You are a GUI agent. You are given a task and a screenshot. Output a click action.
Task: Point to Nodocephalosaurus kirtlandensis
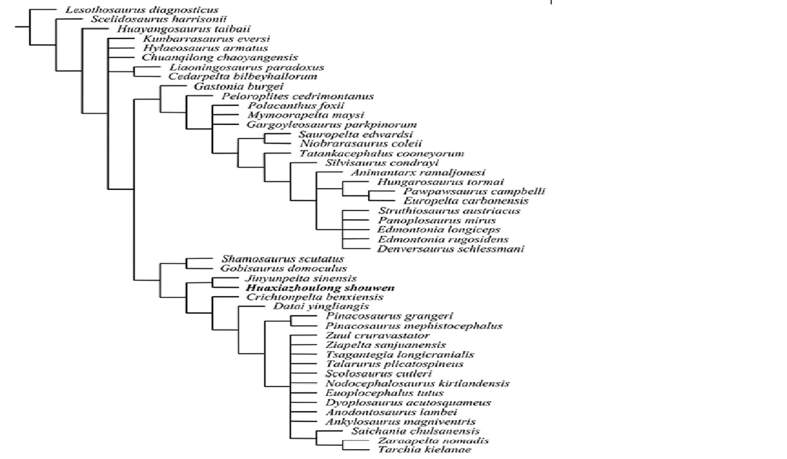(417, 383)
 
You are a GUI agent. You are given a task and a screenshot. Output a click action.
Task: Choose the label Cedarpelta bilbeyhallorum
(243, 76)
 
